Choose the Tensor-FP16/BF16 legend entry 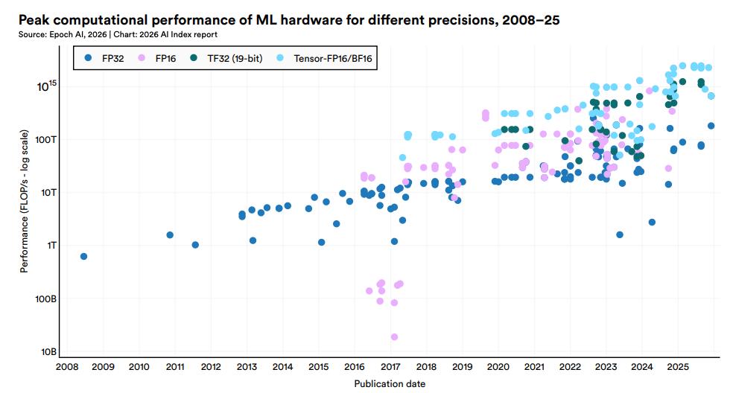point(328,57)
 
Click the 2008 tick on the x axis point(66,368)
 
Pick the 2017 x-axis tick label point(390,368)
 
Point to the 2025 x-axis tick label point(678,368)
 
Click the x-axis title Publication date point(390,383)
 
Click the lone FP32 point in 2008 point(83,256)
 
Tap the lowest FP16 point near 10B point(394,337)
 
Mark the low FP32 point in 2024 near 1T point(652,222)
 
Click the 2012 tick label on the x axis point(210,368)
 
